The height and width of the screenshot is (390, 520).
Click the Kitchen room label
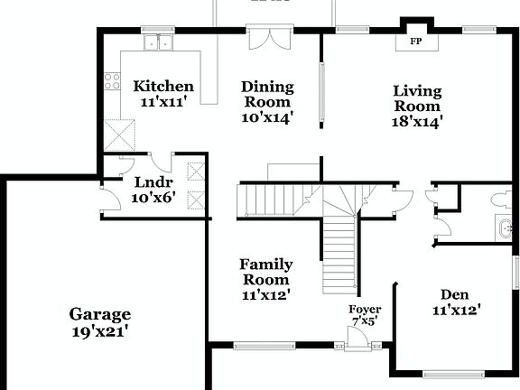pyautogui.click(x=163, y=87)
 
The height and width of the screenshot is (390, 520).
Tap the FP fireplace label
pyautogui.click(x=417, y=42)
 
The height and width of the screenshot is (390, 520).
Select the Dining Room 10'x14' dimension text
pyautogui.click(x=267, y=117)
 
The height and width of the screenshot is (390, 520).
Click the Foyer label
pyautogui.click(x=365, y=310)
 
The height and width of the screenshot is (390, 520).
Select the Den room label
pyautogui.click(x=454, y=294)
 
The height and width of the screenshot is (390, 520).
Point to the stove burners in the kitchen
pyautogui.click(x=113, y=82)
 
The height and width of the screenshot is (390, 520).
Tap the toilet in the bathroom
pyautogui.click(x=499, y=199)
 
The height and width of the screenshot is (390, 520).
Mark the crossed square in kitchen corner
pyautogui.click(x=119, y=135)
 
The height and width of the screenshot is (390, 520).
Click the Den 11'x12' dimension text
pyautogui.click(x=456, y=311)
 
